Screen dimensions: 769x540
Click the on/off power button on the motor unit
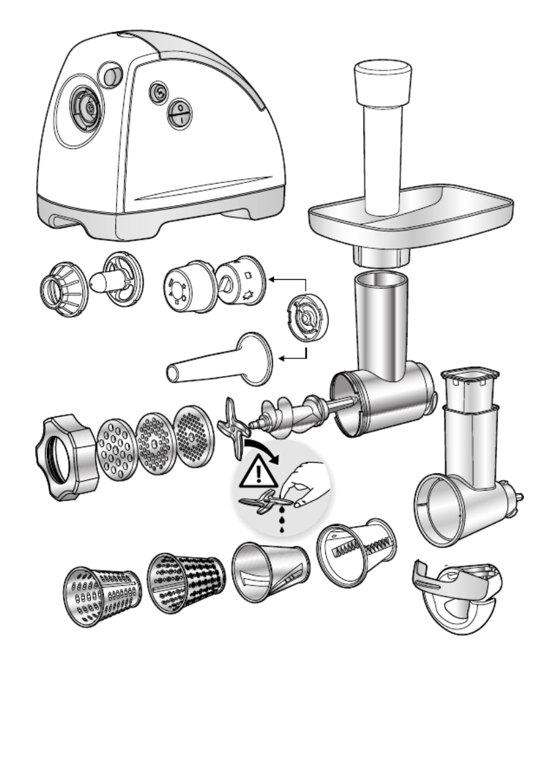[x=179, y=113]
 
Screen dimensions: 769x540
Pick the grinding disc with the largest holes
[x=117, y=448]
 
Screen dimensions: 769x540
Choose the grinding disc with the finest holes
[x=196, y=436]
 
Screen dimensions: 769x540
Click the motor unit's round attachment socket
[x=85, y=106]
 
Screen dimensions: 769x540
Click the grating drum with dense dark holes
[x=186, y=581]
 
